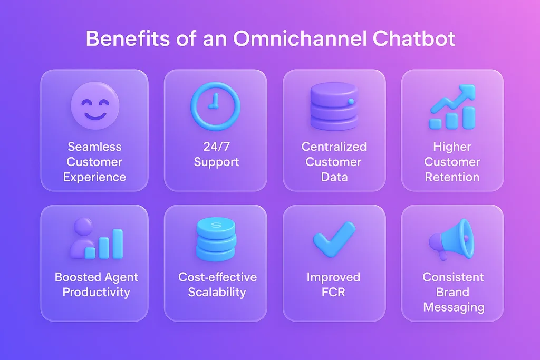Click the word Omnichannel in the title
(x=300, y=38)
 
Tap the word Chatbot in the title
(x=414, y=38)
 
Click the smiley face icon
(x=95, y=105)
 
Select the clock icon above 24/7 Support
(x=216, y=106)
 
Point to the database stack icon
(x=334, y=106)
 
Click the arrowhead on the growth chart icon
(x=466, y=91)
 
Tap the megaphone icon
(x=452, y=240)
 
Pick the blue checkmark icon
(x=334, y=239)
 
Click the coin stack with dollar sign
(x=216, y=239)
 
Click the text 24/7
(x=216, y=147)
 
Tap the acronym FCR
(x=333, y=292)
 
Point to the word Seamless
(x=94, y=147)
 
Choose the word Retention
(x=452, y=177)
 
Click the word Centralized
(x=334, y=147)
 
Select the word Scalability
(x=217, y=292)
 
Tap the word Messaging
(x=454, y=307)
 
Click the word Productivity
(x=96, y=292)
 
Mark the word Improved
(x=333, y=277)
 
